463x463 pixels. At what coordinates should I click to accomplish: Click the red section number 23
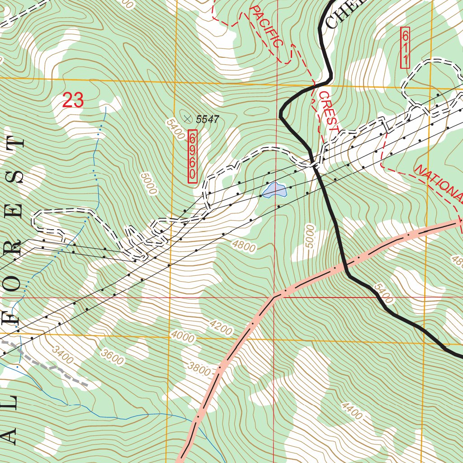pyautogui.click(x=73, y=100)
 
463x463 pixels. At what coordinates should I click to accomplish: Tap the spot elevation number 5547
pyautogui.click(x=207, y=120)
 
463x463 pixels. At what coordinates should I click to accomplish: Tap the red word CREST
pyautogui.click(x=328, y=111)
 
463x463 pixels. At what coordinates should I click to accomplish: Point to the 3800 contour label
pyautogui.click(x=199, y=369)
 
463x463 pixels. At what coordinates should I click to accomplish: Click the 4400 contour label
pyautogui.click(x=352, y=411)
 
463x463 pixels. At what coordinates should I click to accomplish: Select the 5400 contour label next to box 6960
pyautogui.click(x=175, y=129)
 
